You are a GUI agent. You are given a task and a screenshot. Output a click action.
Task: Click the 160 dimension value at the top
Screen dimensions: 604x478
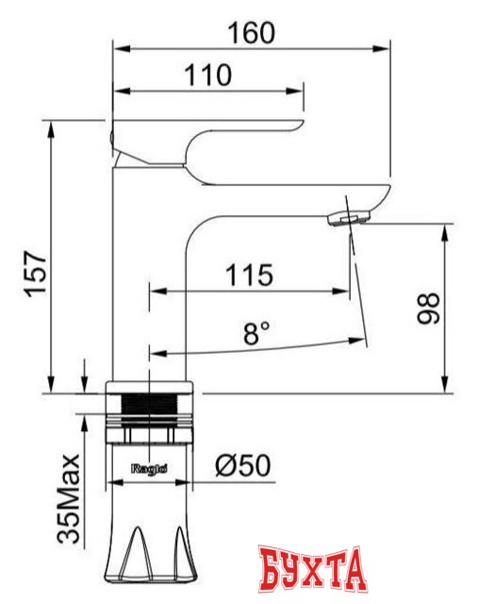[251, 32]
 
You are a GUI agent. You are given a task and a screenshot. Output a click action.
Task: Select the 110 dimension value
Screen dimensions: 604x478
[208, 75]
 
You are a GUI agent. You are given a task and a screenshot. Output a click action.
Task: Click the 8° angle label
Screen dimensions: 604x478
[255, 332]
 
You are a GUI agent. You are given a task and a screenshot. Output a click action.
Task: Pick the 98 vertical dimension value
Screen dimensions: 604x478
[429, 308]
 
